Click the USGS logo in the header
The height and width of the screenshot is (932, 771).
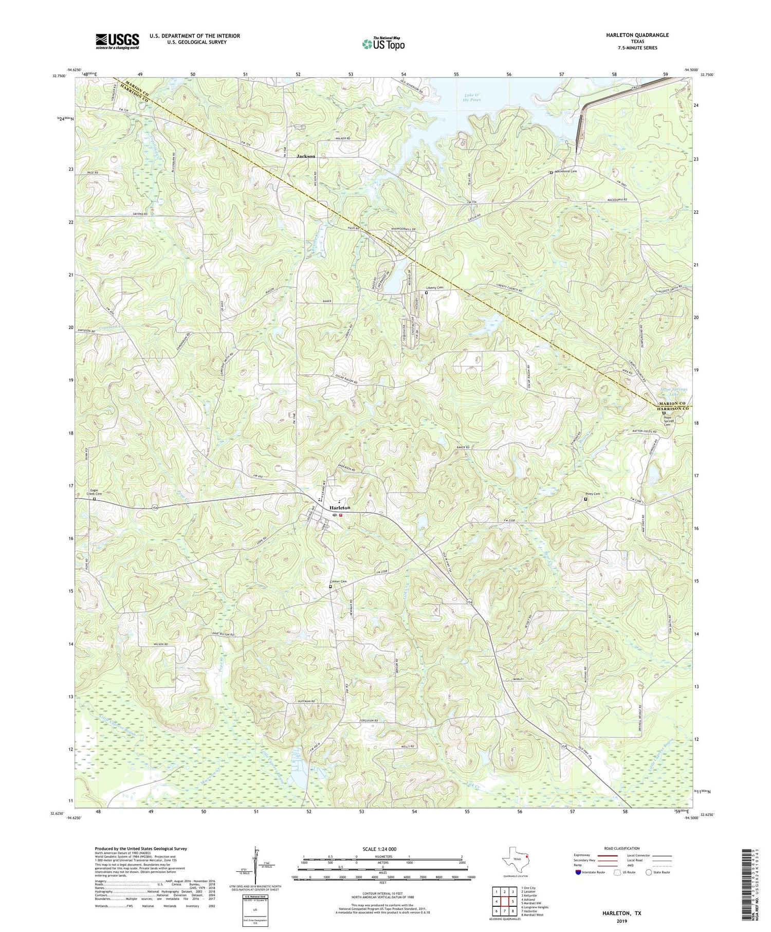(117, 41)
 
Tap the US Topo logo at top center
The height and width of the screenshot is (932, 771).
(383, 44)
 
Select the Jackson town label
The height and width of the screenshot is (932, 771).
(306, 156)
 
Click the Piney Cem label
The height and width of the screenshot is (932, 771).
(593, 494)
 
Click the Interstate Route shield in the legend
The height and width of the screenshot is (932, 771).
(579, 872)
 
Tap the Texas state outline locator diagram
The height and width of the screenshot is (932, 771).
(514, 860)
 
